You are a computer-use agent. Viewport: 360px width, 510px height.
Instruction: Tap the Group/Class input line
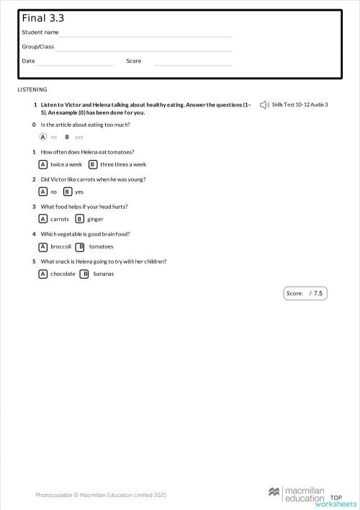(144, 49)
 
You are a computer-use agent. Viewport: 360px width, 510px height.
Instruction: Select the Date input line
(75, 63)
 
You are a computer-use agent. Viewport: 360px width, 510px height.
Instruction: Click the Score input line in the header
(193, 63)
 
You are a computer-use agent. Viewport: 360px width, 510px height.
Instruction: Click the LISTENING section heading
(32, 89)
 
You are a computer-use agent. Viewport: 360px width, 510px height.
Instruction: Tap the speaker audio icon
(264, 105)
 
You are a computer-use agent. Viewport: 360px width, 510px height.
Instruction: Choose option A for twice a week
(43, 164)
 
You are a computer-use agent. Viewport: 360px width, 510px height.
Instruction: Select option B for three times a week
(93, 164)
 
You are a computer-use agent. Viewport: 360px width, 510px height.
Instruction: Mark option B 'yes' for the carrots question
(68, 192)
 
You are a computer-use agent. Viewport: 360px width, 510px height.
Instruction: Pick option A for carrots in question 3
(43, 219)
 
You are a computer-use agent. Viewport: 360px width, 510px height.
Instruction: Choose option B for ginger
(80, 219)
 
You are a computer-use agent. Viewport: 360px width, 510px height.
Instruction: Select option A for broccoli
(43, 246)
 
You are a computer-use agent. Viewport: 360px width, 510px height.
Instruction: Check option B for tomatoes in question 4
(81, 246)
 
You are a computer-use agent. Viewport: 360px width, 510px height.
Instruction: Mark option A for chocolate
(43, 274)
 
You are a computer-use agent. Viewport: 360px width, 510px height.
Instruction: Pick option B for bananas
(85, 274)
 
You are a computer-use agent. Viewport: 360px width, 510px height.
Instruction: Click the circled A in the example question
(43, 137)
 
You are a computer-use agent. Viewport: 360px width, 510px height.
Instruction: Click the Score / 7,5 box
(306, 293)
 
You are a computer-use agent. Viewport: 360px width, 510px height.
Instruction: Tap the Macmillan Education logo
(297, 493)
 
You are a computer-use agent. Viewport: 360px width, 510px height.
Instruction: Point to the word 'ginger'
(95, 219)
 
